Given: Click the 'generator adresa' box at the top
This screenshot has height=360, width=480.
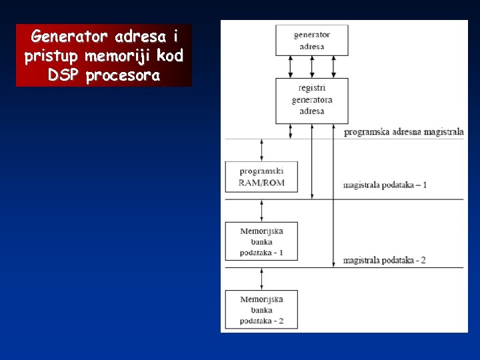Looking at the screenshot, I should coord(311,40).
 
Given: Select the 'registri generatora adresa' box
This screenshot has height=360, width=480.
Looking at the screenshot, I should coord(311,101).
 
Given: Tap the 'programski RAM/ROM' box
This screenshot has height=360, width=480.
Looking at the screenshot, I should coord(261,177).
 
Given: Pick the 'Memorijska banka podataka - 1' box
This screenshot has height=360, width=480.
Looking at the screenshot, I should coord(261,241).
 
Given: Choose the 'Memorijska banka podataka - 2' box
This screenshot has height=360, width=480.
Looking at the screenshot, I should coord(261,309).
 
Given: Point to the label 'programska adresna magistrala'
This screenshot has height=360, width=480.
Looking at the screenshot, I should coord(403,132).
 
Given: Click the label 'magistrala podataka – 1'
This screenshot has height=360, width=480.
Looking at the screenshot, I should coord(385,185).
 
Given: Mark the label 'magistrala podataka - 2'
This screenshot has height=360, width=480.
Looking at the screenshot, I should coord(385,260).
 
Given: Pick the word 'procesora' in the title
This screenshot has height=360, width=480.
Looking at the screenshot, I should coord(123,75).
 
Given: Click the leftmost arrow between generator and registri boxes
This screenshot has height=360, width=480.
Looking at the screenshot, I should coord(291,67).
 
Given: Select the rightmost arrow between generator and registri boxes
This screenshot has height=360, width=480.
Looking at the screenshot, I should coord(333,67).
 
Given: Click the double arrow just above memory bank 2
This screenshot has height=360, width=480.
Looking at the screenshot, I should coord(261,279).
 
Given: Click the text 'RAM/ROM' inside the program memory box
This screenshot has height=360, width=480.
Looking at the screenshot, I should coord(261,183).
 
